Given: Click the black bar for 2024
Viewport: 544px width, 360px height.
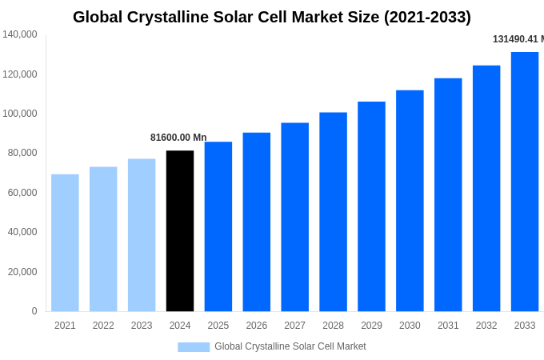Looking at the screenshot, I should (180, 231).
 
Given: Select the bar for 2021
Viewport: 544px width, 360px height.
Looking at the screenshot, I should (65, 243).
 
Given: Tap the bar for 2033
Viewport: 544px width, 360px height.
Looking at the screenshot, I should (525, 182).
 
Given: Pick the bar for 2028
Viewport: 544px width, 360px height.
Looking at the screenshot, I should (333, 212).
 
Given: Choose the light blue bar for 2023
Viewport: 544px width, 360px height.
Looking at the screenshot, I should (142, 235).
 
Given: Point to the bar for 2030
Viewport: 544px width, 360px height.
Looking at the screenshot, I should (410, 201).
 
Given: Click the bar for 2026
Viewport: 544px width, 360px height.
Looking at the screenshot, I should (257, 222).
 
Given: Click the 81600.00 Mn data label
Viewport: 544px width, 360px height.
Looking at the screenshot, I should (178, 138).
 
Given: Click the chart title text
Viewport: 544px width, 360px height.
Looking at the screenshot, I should (272, 17).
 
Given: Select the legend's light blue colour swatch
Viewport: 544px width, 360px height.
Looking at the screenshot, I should (194, 347).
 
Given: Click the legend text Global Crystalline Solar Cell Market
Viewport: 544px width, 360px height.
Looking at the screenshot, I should (290, 346).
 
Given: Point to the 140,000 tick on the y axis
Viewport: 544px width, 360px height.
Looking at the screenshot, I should (20, 34).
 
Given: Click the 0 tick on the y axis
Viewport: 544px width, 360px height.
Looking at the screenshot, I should (34, 311).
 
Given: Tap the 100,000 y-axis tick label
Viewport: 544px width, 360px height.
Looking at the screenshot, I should (20, 114).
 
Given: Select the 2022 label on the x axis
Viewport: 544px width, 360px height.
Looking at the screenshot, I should (103, 326).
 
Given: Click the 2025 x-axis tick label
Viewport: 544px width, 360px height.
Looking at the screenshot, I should (218, 326).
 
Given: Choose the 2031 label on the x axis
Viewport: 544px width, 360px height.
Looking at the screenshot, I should (448, 326).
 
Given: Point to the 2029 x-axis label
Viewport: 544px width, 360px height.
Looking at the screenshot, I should (371, 326).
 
